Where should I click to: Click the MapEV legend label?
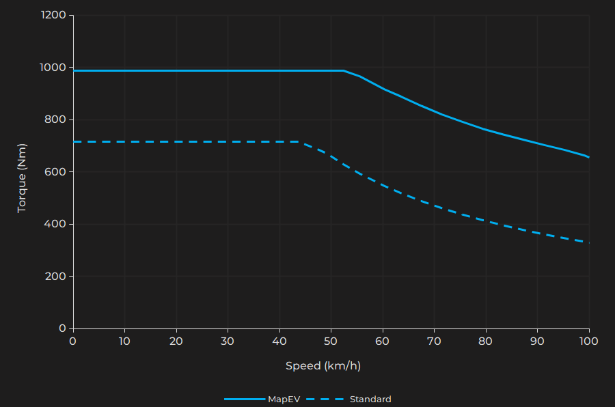coord(284,399)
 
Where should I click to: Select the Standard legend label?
coord(370,399)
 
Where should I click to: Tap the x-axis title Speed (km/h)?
coord(323,366)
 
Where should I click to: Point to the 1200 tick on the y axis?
coord(53,15)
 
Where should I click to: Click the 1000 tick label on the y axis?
coord(53,68)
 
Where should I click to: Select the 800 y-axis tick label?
coord(55,120)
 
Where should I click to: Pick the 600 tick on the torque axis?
coord(55,172)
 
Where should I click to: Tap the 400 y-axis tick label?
coord(55,224)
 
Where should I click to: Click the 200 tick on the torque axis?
coord(55,277)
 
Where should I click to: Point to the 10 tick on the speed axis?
coord(124,341)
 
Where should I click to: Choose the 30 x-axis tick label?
coord(228,341)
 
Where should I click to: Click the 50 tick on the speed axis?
coord(331,341)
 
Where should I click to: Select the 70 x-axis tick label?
coord(434,341)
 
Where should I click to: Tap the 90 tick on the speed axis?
coord(537,341)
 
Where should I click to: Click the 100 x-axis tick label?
coord(588,341)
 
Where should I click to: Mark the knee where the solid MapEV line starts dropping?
coord(344,70)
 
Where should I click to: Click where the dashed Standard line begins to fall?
coord(300,142)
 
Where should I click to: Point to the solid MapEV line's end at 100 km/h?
coord(588,157)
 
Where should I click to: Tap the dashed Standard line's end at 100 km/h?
coord(588,242)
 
